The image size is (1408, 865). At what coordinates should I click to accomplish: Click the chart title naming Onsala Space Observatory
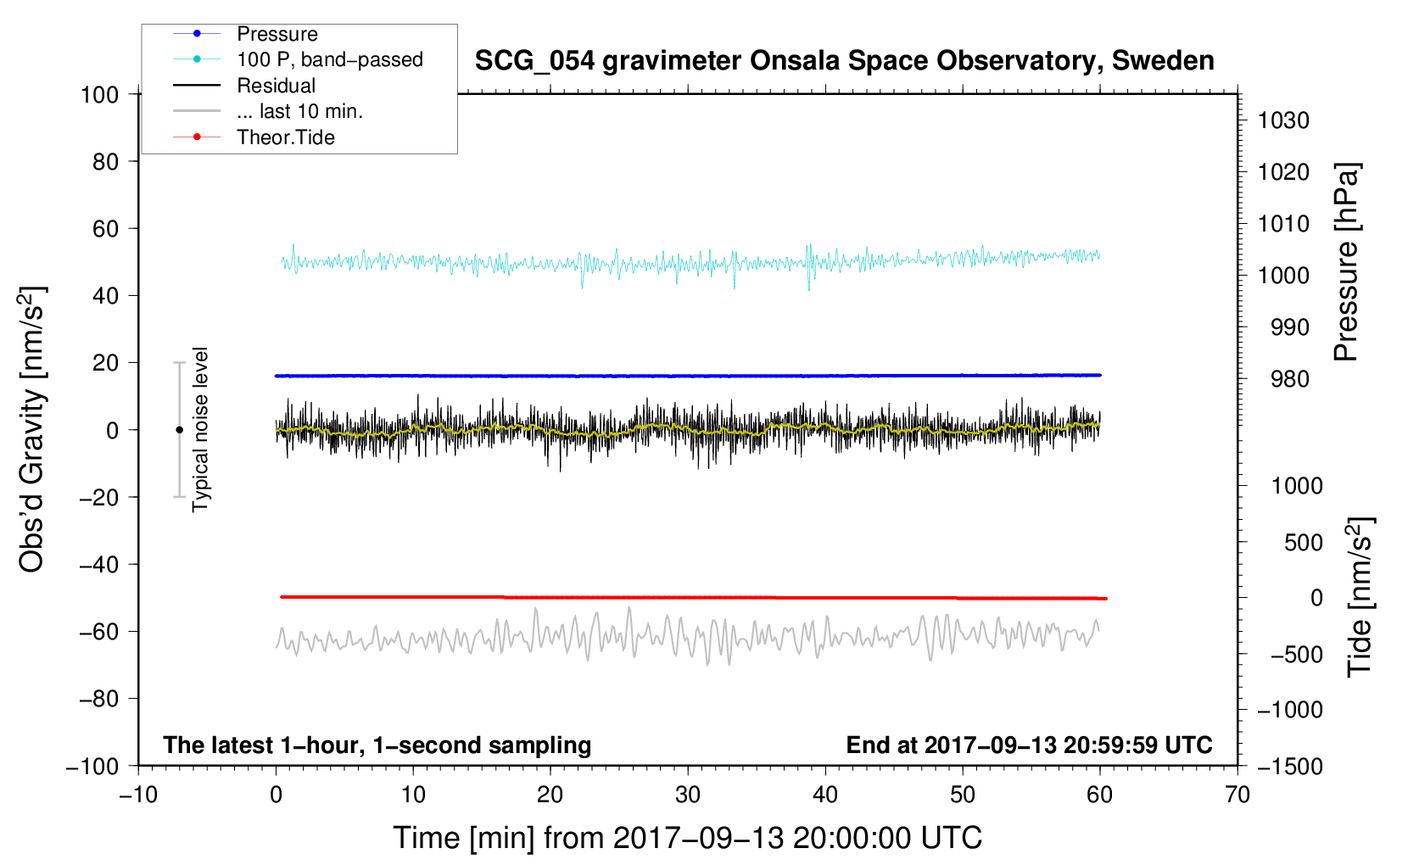(844, 61)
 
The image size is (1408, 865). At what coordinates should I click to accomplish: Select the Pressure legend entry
(277, 34)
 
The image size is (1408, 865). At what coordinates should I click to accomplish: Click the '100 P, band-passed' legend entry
(329, 59)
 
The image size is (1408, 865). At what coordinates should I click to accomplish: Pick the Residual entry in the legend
(276, 86)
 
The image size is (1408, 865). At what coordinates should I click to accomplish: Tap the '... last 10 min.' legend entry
(299, 111)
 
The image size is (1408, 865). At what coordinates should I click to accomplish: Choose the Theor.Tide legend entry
(285, 137)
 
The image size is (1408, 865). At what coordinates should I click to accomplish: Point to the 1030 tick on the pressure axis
(1283, 120)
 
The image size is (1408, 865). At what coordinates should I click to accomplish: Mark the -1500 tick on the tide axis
(1289, 766)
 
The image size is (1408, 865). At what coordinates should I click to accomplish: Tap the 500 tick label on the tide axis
(1303, 542)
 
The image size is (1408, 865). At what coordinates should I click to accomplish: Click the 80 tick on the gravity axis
(105, 161)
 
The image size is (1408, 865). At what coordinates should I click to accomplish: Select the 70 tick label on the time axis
(1238, 795)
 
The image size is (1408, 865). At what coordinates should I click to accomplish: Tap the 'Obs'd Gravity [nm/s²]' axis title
(32, 430)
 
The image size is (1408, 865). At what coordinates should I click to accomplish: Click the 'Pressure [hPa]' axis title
(1346, 263)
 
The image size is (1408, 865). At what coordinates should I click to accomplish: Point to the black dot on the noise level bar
(179, 430)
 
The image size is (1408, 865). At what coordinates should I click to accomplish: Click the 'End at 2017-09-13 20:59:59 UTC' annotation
(1029, 745)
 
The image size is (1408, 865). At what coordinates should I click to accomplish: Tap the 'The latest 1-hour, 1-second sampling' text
(377, 745)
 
